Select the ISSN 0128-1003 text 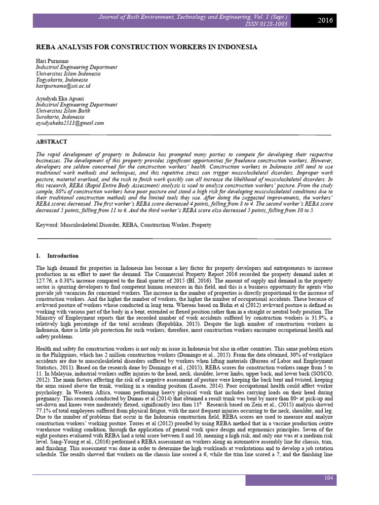[266, 24]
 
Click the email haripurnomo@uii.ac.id [63, 86]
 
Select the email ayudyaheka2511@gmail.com [70, 123]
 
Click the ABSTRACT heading [52, 142]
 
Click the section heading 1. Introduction [57, 256]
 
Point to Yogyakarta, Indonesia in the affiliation [62, 79]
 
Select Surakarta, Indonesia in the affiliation [60, 117]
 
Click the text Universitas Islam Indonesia [68, 73]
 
